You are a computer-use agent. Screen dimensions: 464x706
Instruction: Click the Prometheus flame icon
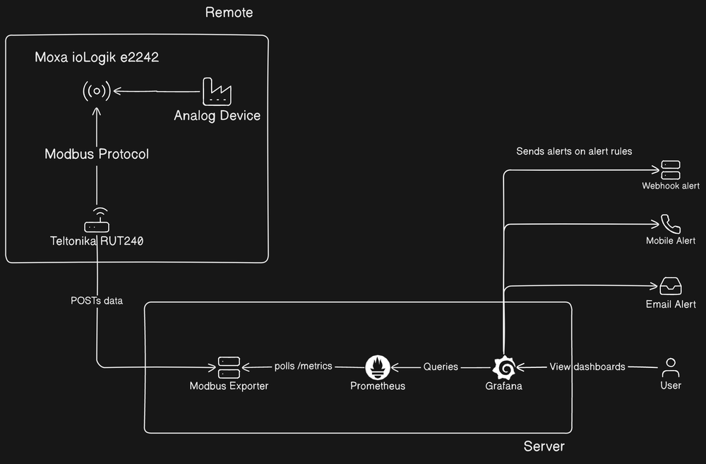point(378,367)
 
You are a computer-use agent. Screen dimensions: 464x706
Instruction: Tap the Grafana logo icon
point(503,367)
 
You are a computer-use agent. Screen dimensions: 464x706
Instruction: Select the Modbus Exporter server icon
point(229,367)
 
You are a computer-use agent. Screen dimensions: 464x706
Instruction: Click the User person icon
point(670,367)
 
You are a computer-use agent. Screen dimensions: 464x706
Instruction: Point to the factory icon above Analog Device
point(217,92)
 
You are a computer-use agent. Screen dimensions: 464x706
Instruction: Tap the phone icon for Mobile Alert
point(670,224)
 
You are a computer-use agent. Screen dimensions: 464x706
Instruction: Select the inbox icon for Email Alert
point(670,286)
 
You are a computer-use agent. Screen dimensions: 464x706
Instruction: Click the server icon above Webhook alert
point(670,169)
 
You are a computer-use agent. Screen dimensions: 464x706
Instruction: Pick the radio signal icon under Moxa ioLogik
point(97,90)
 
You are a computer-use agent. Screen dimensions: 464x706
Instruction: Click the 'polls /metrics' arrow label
point(304,367)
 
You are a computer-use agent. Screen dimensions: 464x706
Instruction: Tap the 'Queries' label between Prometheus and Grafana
point(441,367)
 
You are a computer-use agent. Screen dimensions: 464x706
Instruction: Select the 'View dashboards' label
point(587,367)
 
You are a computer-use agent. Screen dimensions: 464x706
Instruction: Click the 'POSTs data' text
point(97,301)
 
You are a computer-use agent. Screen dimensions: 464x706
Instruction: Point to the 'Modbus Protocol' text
point(97,154)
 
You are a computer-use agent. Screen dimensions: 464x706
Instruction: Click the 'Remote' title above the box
point(229,13)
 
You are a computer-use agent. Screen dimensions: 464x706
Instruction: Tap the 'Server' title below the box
point(544,446)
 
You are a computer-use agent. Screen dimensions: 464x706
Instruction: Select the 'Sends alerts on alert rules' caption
point(574,151)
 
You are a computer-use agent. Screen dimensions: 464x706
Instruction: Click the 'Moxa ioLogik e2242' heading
point(97,58)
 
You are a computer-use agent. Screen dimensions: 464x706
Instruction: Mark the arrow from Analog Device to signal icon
point(155,90)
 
